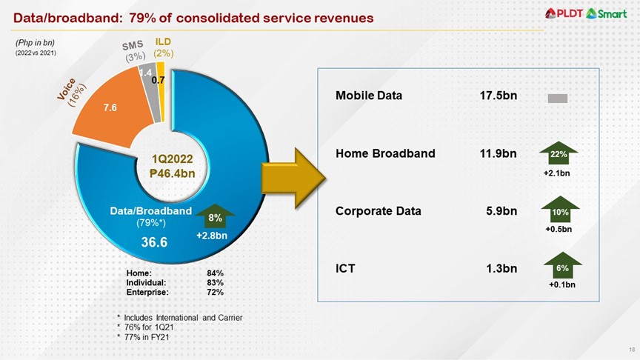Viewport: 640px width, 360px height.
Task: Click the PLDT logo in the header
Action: point(570,13)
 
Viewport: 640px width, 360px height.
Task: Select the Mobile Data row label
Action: point(369,96)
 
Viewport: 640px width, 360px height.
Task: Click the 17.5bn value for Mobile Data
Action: point(498,96)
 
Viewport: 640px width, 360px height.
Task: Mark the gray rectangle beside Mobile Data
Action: point(557,98)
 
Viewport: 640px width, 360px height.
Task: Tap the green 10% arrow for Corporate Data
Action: point(559,210)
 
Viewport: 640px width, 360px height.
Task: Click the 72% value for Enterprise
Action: point(216,293)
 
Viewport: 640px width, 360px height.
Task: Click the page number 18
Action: point(632,349)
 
